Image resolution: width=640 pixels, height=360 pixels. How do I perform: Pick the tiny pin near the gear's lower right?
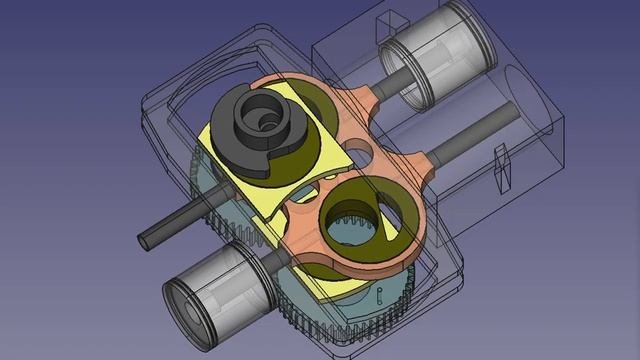379,291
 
